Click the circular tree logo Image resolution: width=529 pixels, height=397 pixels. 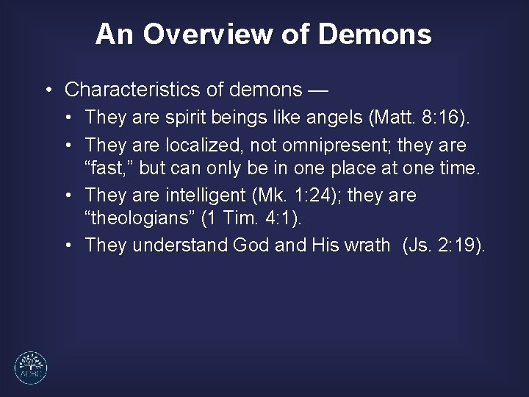(31, 368)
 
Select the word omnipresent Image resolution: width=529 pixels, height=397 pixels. (346, 145)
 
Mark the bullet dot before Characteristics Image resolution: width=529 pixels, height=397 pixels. (47, 90)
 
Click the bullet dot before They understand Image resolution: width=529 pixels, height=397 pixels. (67, 246)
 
